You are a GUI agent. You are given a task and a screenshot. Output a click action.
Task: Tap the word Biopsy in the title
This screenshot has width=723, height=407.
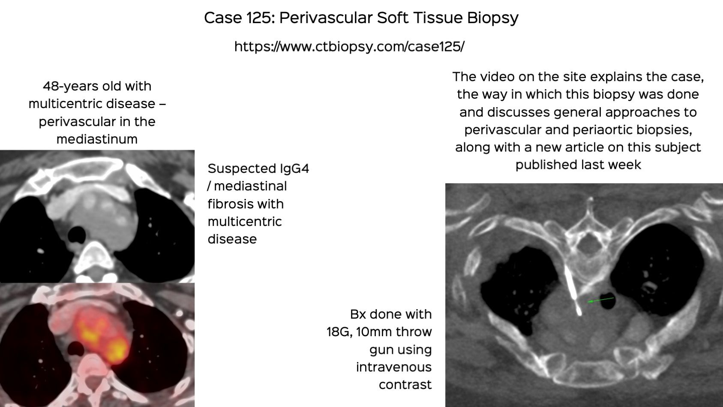coord(492,18)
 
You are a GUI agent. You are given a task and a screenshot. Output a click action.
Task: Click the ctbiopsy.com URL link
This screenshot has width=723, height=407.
coord(349,46)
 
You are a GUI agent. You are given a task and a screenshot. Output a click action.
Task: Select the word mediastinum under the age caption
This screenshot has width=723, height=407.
coord(97,139)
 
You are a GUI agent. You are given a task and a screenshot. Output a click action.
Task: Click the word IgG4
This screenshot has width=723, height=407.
coord(294,169)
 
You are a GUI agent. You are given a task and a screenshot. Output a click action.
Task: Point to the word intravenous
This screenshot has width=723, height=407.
coord(393,367)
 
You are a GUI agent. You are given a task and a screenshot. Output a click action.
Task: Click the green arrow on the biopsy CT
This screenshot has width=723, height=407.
coord(601,300)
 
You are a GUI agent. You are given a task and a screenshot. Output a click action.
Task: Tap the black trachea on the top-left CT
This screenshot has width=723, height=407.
coord(77,234)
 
